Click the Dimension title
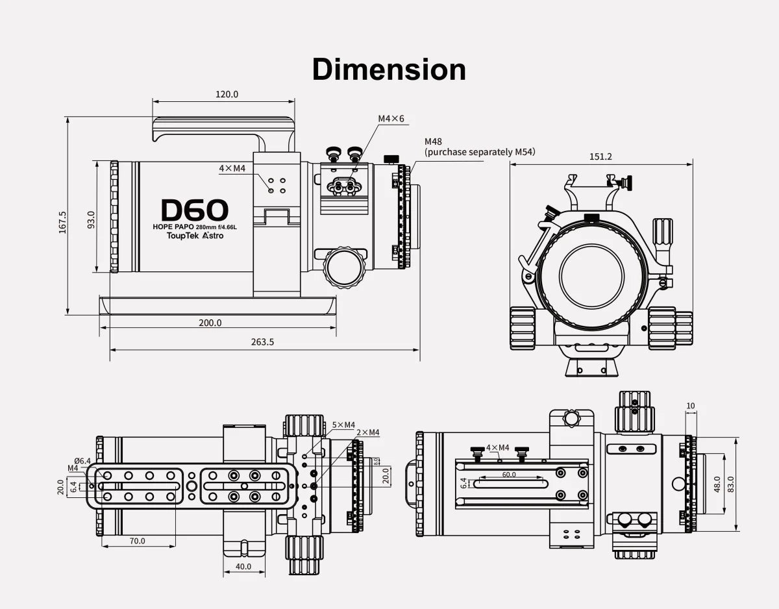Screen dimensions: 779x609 pos(389,69)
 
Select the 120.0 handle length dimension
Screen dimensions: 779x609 pos(227,94)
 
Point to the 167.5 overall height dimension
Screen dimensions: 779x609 pos(63,222)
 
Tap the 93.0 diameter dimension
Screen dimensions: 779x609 pos(92,219)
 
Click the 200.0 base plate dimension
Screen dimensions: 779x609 pos(210,323)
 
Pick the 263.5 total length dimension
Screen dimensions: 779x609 pos(262,342)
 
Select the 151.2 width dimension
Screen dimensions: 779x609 pos(600,156)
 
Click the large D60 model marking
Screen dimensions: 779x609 pos(195,210)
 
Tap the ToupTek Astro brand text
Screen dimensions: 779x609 pos(195,236)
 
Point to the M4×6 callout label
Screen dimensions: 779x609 pos(391,119)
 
